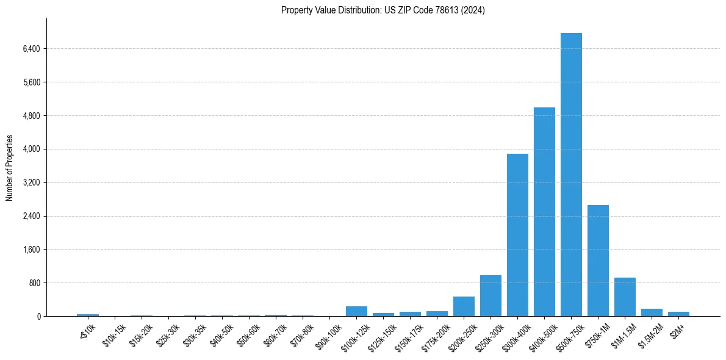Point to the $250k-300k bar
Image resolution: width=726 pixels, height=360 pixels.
pos(491,296)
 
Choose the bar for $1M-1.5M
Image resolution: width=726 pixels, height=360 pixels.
pos(625,297)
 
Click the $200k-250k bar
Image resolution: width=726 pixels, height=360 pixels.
pos(464,306)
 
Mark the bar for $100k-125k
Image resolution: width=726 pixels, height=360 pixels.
pos(356,311)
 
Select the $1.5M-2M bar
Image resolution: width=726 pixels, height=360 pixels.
pos(652,312)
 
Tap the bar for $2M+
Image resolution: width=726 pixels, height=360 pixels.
pos(678,314)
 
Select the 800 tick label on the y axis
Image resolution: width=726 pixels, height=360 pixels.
pos(34,283)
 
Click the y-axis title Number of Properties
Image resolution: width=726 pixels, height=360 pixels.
pos(10,167)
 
